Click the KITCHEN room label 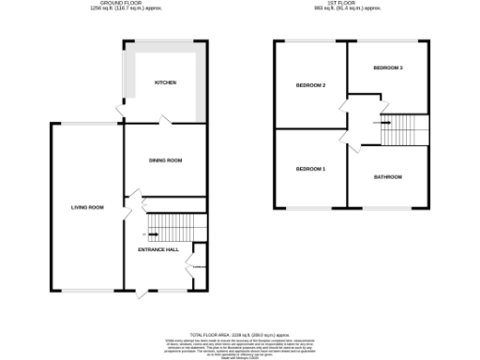(165, 82)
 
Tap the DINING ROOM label (165, 160)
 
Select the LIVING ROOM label (87, 207)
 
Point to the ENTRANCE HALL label (157, 249)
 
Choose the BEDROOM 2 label (310, 85)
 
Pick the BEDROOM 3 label (387, 68)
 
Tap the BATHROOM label (387, 177)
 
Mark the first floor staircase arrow (385, 121)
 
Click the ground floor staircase (177, 226)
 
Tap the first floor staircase (404, 129)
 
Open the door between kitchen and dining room (165, 122)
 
